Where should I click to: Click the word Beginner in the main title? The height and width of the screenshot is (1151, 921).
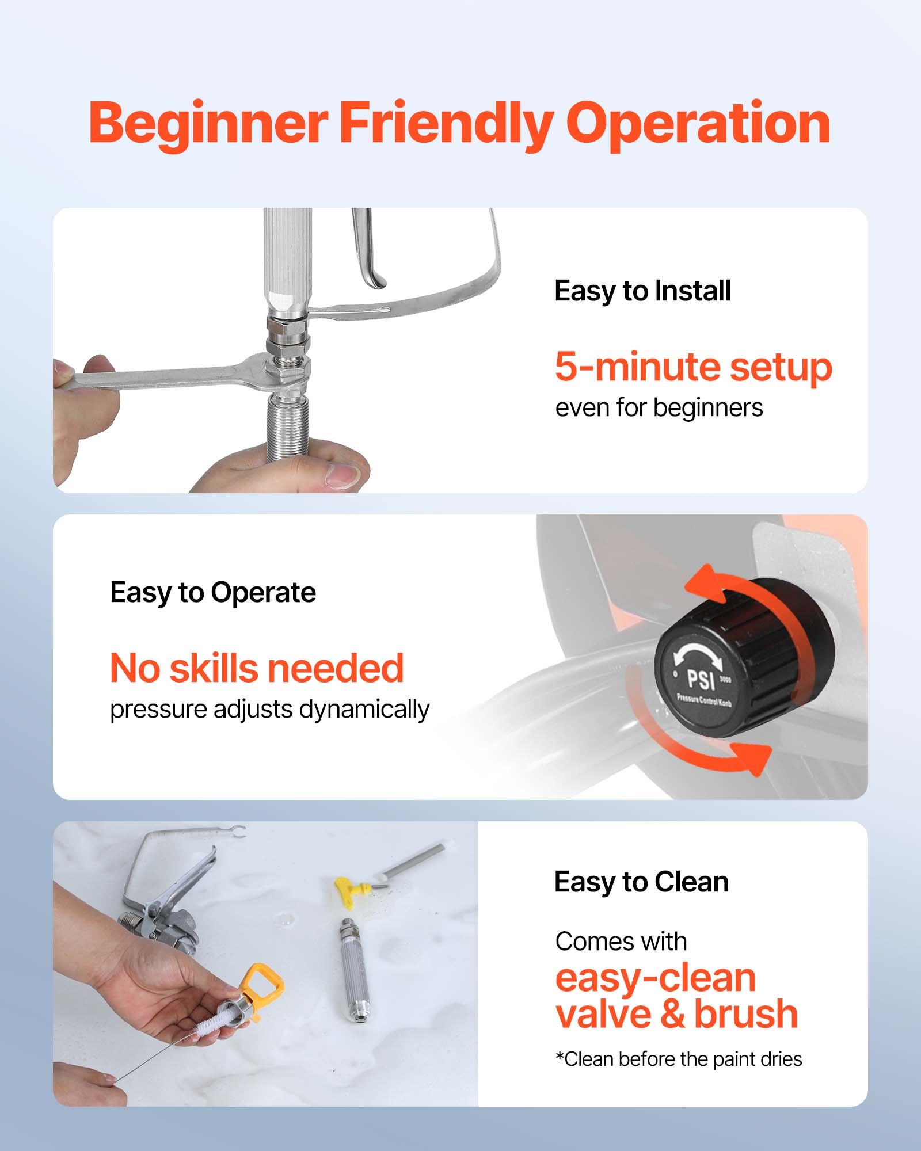[208, 124]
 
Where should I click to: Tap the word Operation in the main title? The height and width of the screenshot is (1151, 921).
[698, 124]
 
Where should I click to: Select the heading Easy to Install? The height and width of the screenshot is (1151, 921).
[642, 291]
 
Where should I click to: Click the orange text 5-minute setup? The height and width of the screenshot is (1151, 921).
[693, 367]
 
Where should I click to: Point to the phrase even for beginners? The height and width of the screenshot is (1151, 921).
[659, 408]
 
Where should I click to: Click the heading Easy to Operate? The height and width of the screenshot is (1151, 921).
[213, 592]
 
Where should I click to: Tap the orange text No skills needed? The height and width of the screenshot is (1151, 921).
[257, 668]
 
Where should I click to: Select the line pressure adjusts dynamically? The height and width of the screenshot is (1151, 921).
[269, 710]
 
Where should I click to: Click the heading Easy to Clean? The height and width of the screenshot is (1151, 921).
[641, 882]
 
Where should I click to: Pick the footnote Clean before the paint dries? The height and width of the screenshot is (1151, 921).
[679, 1059]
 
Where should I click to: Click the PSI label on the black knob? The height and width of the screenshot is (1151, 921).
[702, 679]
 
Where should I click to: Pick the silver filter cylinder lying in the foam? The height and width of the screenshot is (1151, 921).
[352, 973]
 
